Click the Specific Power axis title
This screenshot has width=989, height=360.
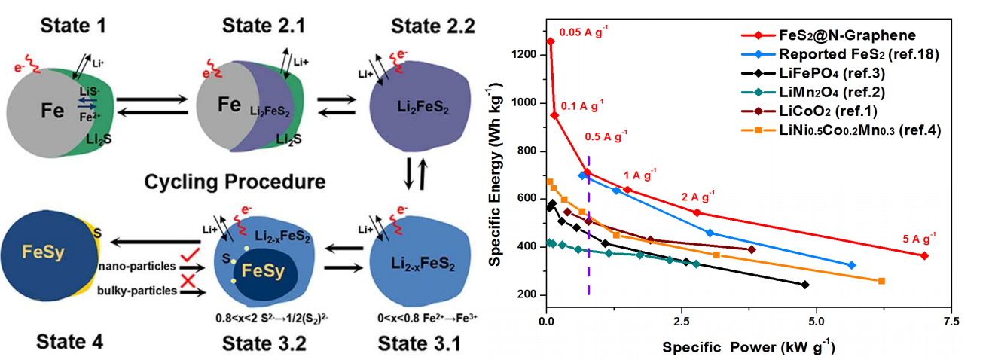(x=748, y=349)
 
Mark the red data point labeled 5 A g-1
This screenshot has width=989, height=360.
(x=924, y=256)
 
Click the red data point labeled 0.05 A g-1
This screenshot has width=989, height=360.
(x=550, y=41)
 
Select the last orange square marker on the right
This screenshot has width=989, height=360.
(x=881, y=281)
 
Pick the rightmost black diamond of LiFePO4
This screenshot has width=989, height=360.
(x=805, y=285)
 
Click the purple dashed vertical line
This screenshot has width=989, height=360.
(x=588, y=226)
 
